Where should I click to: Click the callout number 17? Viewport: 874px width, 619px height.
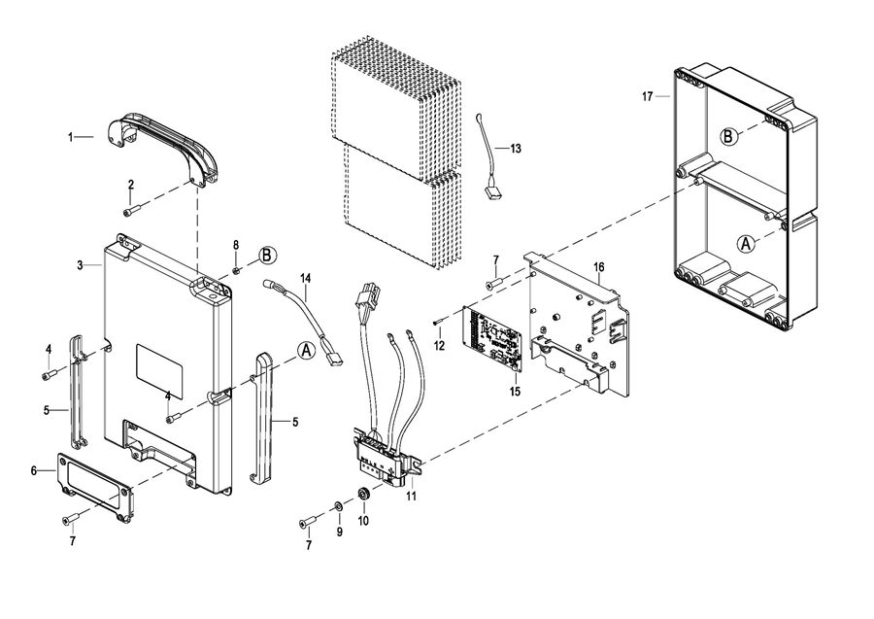[x=647, y=96]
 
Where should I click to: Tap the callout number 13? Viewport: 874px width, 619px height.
[x=516, y=149]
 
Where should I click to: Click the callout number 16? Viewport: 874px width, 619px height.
[x=598, y=267]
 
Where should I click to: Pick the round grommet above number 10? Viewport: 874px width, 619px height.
[x=364, y=493]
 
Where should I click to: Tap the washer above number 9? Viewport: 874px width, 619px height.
[x=338, y=506]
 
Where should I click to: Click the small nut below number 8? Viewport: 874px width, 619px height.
[x=236, y=270]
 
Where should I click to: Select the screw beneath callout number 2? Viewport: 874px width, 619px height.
[x=130, y=210]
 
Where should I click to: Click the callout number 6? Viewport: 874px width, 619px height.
[x=33, y=471]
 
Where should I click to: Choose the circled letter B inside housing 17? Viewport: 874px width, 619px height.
[x=728, y=136]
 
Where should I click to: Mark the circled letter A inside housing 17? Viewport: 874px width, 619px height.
[x=746, y=244]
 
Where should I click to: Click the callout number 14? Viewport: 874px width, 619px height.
[x=306, y=278]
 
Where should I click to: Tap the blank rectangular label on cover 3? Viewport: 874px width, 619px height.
[x=159, y=371]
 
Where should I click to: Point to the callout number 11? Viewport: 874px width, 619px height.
[x=411, y=496]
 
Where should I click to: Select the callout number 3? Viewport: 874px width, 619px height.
[x=80, y=265]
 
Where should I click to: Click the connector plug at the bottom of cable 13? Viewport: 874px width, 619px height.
[x=492, y=193]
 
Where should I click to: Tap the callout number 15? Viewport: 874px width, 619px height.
[x=515, y=392]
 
